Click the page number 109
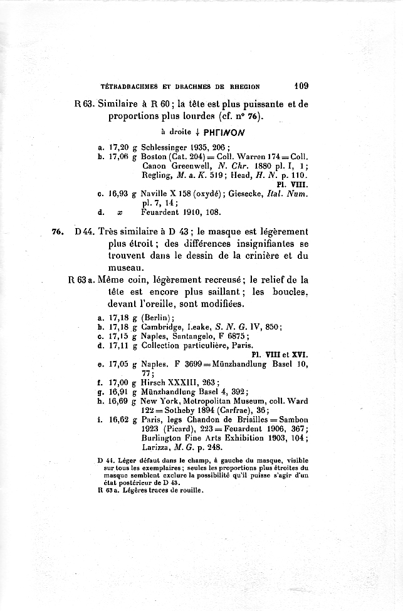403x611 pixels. (x=300, y=85)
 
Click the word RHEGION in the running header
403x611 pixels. (x=241, y=86)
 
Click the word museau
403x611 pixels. (x=126, y=267)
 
